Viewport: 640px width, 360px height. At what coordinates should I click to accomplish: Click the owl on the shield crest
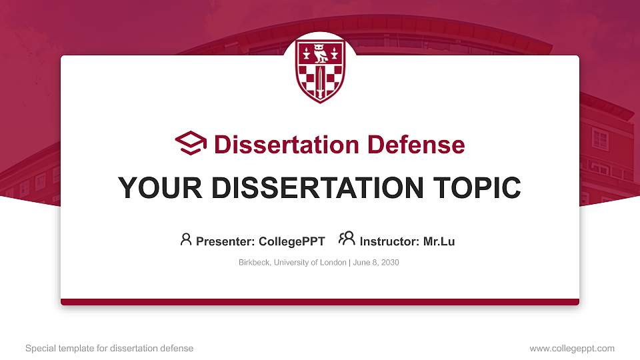pyautogui.click(x=321, y=53)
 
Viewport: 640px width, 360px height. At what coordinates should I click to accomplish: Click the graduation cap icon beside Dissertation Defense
pyautogui.click(x=191, y=143)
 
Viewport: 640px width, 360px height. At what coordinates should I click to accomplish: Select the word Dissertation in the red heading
pyautogui.click(x=287, y=145)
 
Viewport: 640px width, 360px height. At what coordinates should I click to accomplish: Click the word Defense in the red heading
pyautogui.click(x=416, y=145)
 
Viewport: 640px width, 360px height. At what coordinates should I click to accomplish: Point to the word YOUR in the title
pyautogui.click(x=160, y=188)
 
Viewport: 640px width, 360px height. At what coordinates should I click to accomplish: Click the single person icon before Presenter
pyautogui.click(x=186, y=239)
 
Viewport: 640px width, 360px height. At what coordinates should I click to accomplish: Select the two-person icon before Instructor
pyautogui.click(x=347, y=239)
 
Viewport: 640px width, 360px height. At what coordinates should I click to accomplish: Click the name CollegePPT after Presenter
pyautogui.click(x=292, y=241)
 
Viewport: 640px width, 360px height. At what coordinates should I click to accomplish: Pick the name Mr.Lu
pyautogui.click(x=439, y=241)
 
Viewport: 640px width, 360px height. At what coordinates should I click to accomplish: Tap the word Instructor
pyautogui.click(x=389, y=241)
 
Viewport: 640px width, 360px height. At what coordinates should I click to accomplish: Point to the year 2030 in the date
pyautogui.click(x=390, y=263)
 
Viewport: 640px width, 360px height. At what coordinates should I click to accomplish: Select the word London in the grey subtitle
pyautogui.click(x=333, y=263)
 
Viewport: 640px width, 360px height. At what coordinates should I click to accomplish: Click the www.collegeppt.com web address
pyautogui.click(x=572, y=349)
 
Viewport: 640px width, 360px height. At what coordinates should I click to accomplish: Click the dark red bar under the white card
pyautogui.click(x=320, y=302)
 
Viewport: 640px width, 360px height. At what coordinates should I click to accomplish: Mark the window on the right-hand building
pyautogui.click(x=600, y=139)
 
